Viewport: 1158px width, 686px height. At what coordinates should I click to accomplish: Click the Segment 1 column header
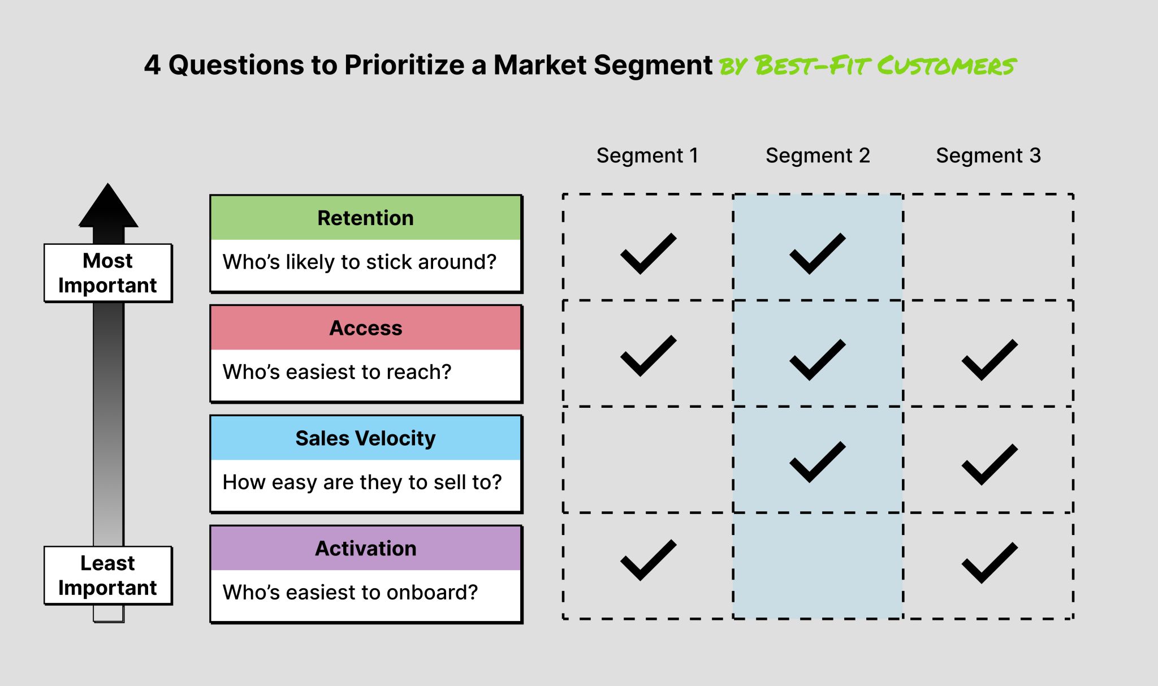tap(647, 156)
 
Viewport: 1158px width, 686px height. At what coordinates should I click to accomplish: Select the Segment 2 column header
tap(818, 156)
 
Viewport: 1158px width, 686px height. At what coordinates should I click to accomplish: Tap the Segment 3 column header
tap(988, 156)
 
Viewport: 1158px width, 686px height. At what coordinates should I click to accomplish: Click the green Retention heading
tap(366, 218)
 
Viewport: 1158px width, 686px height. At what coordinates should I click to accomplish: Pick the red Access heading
tap(366, 328)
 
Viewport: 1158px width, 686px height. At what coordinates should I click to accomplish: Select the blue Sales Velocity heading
tap(366, 438)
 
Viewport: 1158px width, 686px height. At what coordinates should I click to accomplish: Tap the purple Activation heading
tap(366, 549)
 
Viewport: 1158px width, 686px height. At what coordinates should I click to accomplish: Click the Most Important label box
tap(108, 273)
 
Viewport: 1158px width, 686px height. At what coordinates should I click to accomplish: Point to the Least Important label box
tap(108, 576)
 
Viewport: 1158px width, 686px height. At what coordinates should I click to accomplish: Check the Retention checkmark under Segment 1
tap(647, 254)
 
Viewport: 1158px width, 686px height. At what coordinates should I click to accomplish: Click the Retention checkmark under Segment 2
tap(817, 254)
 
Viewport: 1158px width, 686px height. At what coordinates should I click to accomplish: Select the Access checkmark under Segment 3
tap(989, 360)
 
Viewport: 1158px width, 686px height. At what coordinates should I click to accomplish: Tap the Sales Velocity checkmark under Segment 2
tap(817, 462)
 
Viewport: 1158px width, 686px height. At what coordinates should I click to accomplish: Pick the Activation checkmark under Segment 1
tap(647, 560)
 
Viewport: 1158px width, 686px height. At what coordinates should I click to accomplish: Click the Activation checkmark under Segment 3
tap(989, 563)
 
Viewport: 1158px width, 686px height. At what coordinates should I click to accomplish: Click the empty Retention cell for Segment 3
tap(988, 247)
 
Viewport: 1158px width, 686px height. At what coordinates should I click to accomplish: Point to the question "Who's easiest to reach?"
tap(337, 372)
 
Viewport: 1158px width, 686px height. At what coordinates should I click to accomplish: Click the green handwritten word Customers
tap(947, 66)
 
